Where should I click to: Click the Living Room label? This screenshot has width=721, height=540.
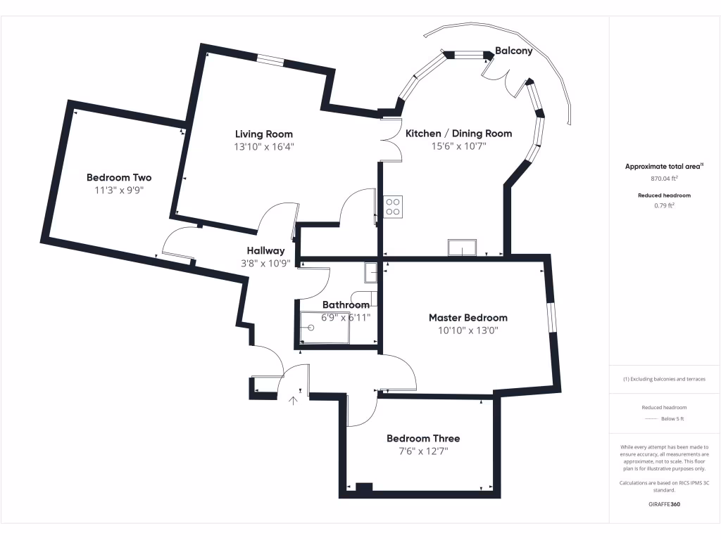(x=263, y=134)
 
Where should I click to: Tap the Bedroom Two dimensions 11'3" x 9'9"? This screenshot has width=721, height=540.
(x=119, y=190)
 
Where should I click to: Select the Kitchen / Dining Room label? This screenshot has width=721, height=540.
(x=458, y=133)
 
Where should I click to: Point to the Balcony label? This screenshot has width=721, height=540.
(x=513, y=51)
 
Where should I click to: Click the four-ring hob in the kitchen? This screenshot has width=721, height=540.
(x=392, y=205)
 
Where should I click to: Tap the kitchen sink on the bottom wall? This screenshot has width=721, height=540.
(x=461, y=247)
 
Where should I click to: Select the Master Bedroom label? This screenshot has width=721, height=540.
(x=468, y=318)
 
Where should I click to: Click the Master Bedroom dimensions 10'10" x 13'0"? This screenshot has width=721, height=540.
(x=468, y=330)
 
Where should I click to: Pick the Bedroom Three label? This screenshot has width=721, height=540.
(x=422, y=438)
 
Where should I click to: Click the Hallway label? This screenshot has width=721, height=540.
(x=265, y=250)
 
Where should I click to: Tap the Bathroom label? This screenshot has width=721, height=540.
(x=346, y=304)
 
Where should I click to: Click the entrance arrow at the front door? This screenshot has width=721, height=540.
(x=294, y=400)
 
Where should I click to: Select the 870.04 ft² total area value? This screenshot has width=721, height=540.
(x=664, y=179)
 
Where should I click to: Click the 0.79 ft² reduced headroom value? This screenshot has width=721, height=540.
(x=664, y=206)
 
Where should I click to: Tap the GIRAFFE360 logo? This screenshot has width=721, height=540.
(x=664, y=504)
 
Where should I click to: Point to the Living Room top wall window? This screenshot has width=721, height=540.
(x=270, y=61)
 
